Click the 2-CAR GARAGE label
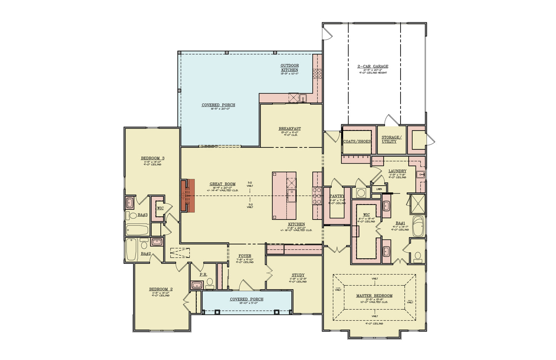pos(372,67)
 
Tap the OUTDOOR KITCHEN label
pos(289,68)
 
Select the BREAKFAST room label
pos(290,129)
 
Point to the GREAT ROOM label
pos(222,184)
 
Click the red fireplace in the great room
pos(188,196)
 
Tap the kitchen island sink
pos(291,195)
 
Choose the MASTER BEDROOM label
pos(374,296)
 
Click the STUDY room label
pos(298,275)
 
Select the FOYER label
pos(245,256)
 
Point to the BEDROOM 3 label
pos(152,158)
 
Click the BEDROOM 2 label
pos(161,289)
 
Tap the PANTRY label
pos(337,196)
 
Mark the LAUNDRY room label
pos(397,171)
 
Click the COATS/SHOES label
pos(357,141)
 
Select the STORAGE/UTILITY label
pos(391,139)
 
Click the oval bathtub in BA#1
pos(418,226)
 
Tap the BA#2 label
pos(146,254)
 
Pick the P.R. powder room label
pos(203,275)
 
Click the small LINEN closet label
pos(379,189)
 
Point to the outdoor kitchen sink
pos(303,98)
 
